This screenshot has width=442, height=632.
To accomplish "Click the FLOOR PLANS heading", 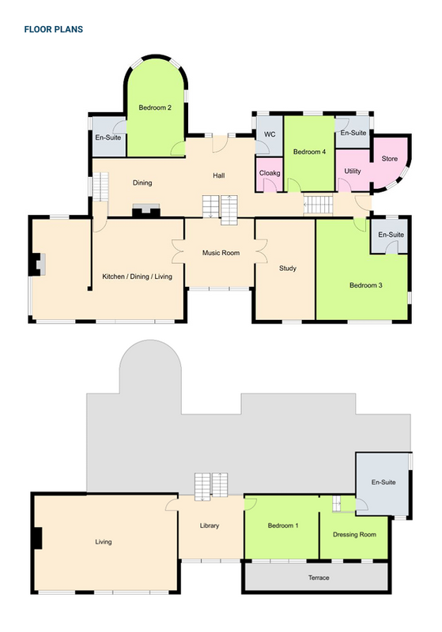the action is coord(54,29).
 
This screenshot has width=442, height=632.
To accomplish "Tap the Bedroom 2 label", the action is coord(155,107).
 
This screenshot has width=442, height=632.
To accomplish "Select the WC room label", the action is coord(270,134).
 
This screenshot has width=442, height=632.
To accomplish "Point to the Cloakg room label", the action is coord(270,173).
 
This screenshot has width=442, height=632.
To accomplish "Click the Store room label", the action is coord(390,159).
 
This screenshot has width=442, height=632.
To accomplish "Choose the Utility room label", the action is coord(353,171).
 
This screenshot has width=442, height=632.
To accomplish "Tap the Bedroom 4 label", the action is coord(310,152).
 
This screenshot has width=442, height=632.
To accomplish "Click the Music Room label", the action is coord(221,253).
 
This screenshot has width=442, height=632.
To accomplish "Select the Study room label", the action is coord(288,268).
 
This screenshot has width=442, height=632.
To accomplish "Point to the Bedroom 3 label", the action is coord(366,285).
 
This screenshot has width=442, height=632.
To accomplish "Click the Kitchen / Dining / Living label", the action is coord(137,276).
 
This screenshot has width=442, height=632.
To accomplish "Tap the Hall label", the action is coord(219,175).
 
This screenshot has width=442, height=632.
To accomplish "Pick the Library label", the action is coord(210,525).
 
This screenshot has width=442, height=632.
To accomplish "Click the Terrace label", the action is coord(319,577).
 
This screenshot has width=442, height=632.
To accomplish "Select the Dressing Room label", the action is coord(354,535).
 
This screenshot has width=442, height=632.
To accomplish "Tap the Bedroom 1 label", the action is coord(283,525).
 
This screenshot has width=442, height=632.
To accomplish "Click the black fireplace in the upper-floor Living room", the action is coord(37,538).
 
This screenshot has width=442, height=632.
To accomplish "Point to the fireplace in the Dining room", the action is coord(146,211).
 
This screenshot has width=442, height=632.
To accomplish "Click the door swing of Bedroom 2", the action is coord(177,149).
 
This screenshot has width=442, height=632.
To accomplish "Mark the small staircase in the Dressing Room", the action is coord(336,504).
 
